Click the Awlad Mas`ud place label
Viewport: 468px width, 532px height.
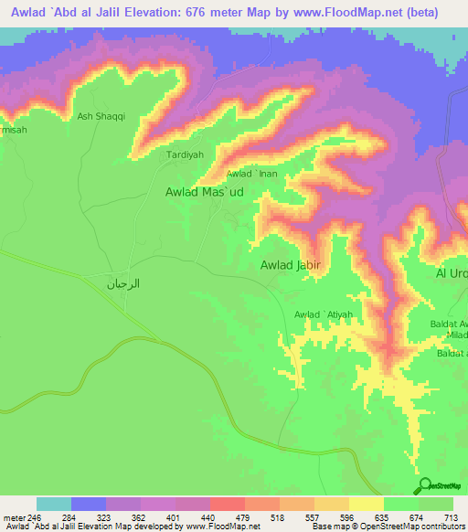[x=209, y=193]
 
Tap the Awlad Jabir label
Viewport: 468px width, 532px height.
[x=289, y=265]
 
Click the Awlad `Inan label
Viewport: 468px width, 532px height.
[x=251, y=174]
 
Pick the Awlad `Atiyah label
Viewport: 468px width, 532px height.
[x=323, y=315]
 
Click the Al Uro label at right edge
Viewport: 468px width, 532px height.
[x=452, y=274]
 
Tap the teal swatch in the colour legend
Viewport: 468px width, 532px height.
[x=54, y=504]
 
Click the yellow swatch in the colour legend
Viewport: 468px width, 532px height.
[x=366, y=504]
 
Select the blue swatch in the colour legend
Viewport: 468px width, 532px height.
[x=89, y=504]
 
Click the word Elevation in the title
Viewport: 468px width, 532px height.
[x=160, y=12]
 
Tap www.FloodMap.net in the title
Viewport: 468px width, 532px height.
[x=340, y=12]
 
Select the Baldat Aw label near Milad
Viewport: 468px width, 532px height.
[x=450, y=325]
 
